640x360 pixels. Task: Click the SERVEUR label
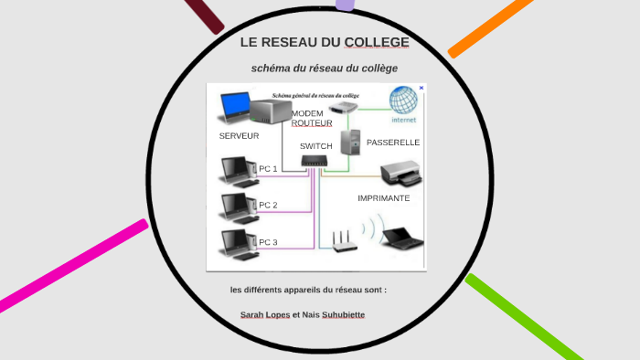239,136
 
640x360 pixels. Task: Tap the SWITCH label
316,146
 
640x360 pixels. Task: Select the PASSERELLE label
393,143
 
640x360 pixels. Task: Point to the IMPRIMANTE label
384,198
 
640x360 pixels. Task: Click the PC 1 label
268,169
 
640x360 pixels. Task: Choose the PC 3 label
268,242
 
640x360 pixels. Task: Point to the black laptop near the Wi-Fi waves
402,237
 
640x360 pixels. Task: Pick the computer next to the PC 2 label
235,207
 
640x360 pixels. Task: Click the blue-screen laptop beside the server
236,107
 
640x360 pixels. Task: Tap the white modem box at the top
343,108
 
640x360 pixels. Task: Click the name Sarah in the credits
252,315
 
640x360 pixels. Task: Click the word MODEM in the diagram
307,113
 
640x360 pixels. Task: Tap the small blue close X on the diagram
421,88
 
